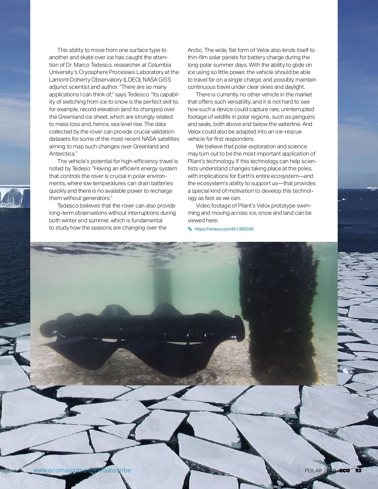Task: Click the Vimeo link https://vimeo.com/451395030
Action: pyautogui.click(x=224, y=229)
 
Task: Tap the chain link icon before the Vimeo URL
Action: pyautogui.click(x=190, y=229)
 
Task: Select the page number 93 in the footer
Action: pyautogui.click(x=358, y=471)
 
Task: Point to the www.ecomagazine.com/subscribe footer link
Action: pyautogui.click(x=82, y=470)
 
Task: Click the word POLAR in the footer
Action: pyautogui.click(x=313, y=471)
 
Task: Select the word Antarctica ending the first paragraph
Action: pyautogui.click(x=62, y=154)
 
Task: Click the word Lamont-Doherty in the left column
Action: pyautogui.click(x=68, y=80)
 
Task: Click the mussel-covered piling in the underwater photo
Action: pyautogui.click(x=277, y=312)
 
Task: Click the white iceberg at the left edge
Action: pyautogui.click(x=14, y=197)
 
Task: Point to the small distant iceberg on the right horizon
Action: pyautogui.click(x=372, y=188)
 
